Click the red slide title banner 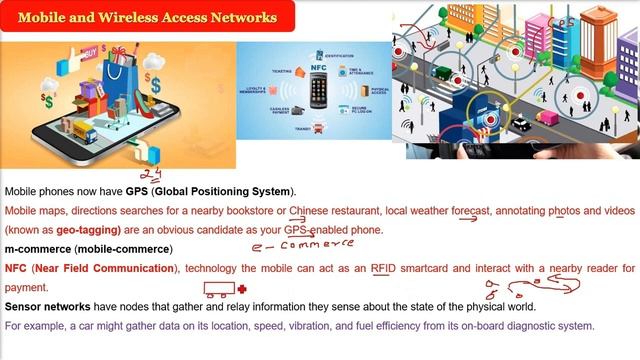click(148, 17)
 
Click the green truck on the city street click(441, 72)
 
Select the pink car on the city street click(547, 118)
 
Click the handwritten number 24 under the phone click(151, 176)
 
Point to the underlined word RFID click(384, 269)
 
